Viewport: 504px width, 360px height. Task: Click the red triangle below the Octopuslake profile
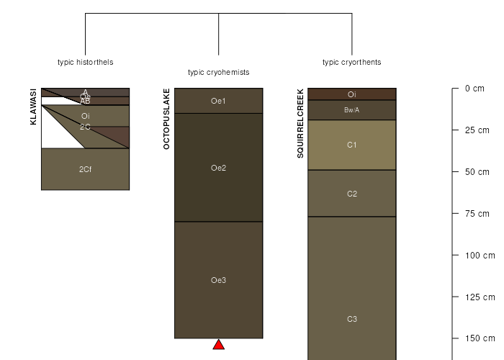click(219, 345)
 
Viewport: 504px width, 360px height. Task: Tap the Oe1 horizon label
click(218, 101)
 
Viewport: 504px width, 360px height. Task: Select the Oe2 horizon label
click(218, 168)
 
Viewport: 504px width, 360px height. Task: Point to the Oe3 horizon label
click(218, 280)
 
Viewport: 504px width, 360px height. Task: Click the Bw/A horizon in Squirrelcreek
click(351, 110)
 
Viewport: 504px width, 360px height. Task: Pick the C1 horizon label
click(351, 145)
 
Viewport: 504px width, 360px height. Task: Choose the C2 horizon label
click(351, 194)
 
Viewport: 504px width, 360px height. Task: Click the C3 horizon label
click(351, 319)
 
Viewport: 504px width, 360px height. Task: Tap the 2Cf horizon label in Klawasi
click(85, 169)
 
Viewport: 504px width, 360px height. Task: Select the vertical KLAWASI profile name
click(33, 107)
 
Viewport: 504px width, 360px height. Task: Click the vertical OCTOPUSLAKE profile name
click(167, 119)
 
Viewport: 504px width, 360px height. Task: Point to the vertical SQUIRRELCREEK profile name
click(300, 123)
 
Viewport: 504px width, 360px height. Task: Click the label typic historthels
click(85, 62)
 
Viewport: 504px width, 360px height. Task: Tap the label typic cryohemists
click(218, 72)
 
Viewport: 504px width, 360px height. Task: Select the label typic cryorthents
click(351, 62)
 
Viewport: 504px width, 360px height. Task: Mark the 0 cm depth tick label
click(474, 89)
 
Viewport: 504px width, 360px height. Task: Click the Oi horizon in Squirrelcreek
click(351, 94)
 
